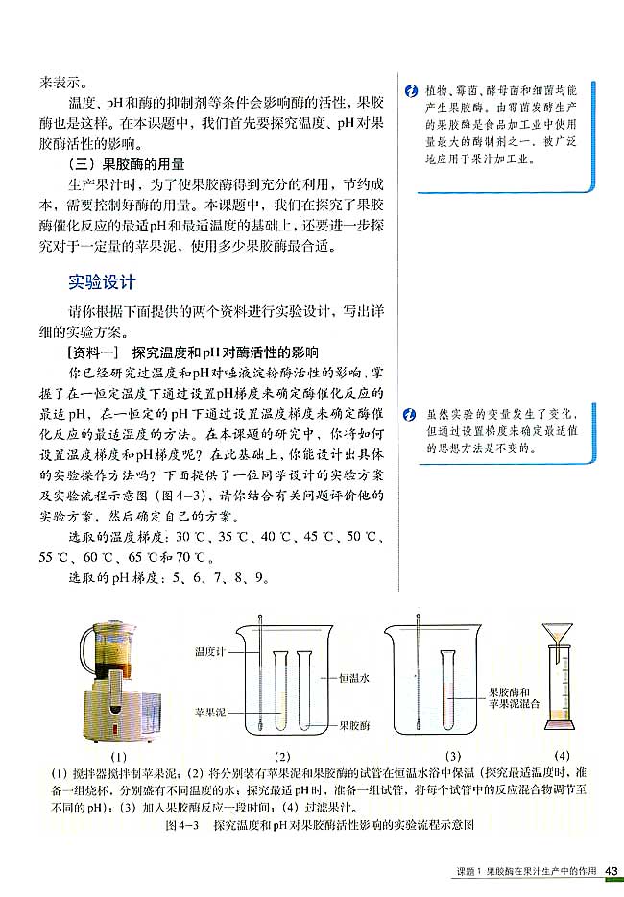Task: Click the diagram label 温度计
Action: click(208, 653)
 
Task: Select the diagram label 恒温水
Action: click(354, 677)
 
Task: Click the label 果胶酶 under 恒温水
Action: click(355, 725)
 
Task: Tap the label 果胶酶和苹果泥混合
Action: click(515, 696)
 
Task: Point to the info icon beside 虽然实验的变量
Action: click(410, 415)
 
